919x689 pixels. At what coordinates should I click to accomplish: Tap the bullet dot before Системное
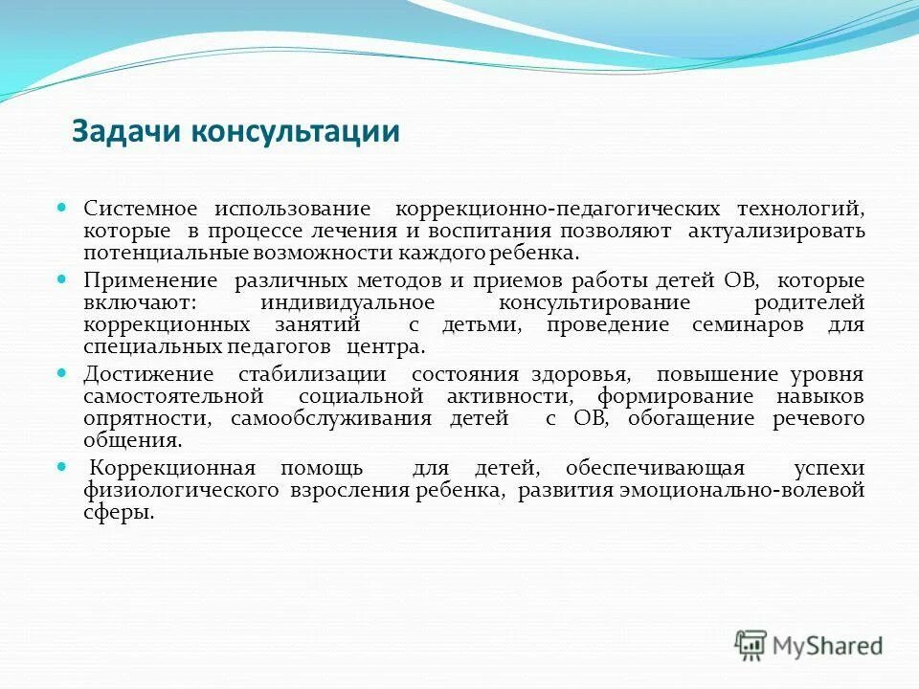62,206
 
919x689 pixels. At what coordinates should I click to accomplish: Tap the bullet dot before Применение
62,278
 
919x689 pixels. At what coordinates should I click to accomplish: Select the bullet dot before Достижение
62,370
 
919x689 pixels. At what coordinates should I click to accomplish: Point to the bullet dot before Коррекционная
62,466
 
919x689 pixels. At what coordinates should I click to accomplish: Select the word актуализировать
784,232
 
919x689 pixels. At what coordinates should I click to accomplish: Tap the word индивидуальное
347,302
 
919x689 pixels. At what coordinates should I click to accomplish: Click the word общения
131,441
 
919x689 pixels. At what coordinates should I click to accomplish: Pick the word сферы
118,513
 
